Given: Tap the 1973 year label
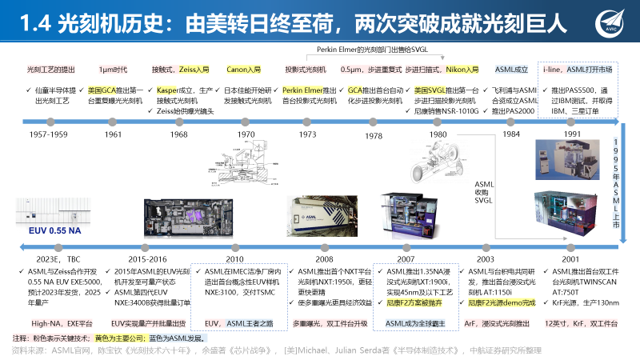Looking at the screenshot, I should coord(307,135).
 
